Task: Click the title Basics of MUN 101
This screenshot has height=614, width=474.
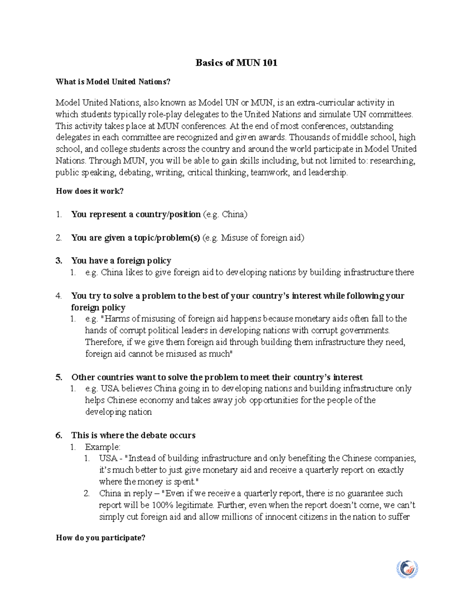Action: pos(236,63)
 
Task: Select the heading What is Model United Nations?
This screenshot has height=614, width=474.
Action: pos(113,82)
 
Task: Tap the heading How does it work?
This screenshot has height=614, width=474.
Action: pos(90,191)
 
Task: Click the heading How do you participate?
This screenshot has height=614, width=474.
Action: pos(101,538)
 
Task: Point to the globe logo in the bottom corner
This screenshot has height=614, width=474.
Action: pos(407,569)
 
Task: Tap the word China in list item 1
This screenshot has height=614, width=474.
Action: pos(234,214)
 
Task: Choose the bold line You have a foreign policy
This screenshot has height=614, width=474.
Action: pos(121,261)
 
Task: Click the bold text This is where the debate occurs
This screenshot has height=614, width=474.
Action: pos(133,435)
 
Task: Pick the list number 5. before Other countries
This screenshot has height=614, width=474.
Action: pos(59,377)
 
